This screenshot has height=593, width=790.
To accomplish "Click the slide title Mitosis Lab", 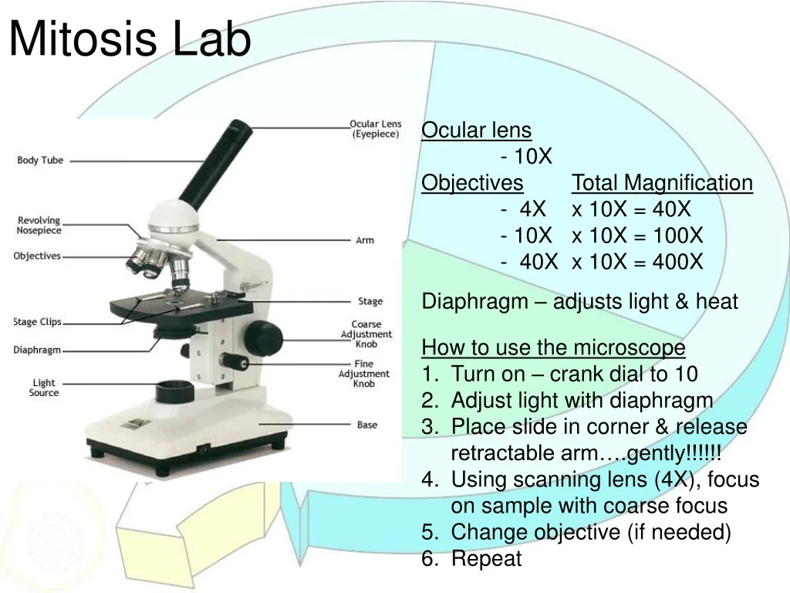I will (x=130, y=40).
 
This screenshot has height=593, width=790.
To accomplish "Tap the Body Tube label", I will (x=40, y=161).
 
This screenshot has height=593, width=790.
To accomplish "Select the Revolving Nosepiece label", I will (x=39, y=225).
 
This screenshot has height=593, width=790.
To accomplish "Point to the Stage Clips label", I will (x=37, y=322).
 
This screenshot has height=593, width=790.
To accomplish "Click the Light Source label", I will (x=44, y=388).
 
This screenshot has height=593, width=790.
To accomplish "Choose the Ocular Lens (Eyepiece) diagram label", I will (x=375, y=129).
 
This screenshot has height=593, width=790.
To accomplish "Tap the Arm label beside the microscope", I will (x=365, y=240).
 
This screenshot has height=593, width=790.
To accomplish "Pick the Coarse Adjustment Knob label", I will (x=366, y=334).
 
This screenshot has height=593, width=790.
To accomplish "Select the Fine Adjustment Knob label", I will (x=364, y=374).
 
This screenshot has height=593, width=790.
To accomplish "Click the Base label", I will (x=367, y=425).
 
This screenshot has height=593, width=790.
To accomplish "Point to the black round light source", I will (x=174, y=390).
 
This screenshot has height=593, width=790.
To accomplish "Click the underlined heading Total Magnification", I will (x=662, y=183).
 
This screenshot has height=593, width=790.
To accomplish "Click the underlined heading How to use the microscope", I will (x=553, y=348).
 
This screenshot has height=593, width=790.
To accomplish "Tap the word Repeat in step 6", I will (x=486, y=558).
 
